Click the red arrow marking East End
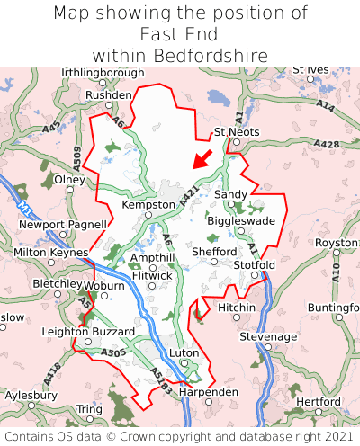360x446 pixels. [202, 159]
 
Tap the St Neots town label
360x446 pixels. [237, 132]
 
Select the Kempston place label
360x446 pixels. [148, 205]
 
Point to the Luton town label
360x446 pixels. [184, 353]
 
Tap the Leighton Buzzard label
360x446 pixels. [80, 332]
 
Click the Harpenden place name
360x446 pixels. [209, 393]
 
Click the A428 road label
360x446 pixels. [328, 144]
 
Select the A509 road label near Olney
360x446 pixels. [76, 159]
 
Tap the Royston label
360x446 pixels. [337, 244]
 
